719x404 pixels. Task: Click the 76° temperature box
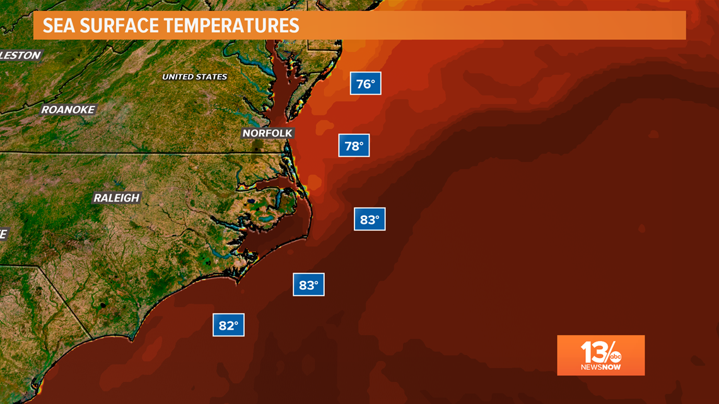[366, 83]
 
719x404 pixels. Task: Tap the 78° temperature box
[354, 146]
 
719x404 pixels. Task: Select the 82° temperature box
[228, 325]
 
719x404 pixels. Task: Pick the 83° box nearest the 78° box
[370, 219]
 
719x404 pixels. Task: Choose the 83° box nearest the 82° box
[308, 285]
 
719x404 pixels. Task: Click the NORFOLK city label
[267, 133]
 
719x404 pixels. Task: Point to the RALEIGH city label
[116, 198]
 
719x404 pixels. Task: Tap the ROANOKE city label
[68, 110]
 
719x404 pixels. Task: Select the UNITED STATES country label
[194, 77]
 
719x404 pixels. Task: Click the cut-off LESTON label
[20, 55]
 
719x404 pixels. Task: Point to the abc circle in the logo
[615, 357]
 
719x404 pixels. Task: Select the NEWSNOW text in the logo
[600, 367]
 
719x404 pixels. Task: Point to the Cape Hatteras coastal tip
[308, 238]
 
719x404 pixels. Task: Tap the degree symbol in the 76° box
[374, 80]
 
